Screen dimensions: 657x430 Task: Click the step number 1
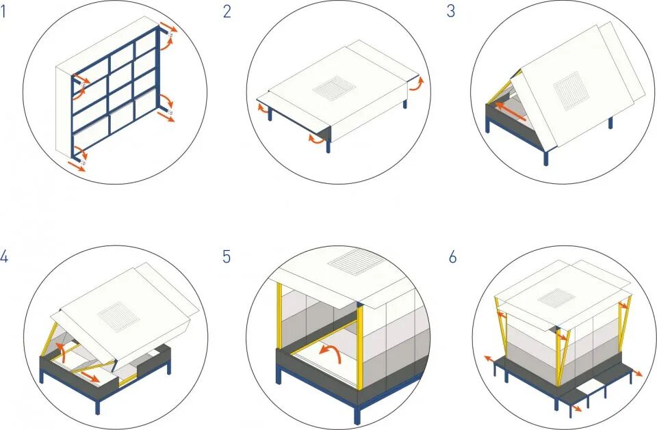[3, 12]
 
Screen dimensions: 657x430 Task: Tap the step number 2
[227, 12]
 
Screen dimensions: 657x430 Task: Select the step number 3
[451, 12]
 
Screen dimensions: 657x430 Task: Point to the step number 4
[4, 256]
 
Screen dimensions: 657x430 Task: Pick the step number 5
[227, 256]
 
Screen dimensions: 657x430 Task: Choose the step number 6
[452, 256]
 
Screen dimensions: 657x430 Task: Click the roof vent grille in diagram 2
[335, 88]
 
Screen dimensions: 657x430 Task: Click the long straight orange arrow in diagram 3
[510, 111]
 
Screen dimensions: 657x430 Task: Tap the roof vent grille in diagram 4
[118, 317]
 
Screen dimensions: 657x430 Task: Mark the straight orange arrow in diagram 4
[90, 375]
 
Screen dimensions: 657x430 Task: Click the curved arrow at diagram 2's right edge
[417, 83]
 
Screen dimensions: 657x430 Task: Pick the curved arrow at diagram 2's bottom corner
[316, 139]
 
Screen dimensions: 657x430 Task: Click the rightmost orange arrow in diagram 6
[637, 373]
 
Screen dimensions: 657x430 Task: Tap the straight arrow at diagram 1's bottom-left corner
[76, 166]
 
